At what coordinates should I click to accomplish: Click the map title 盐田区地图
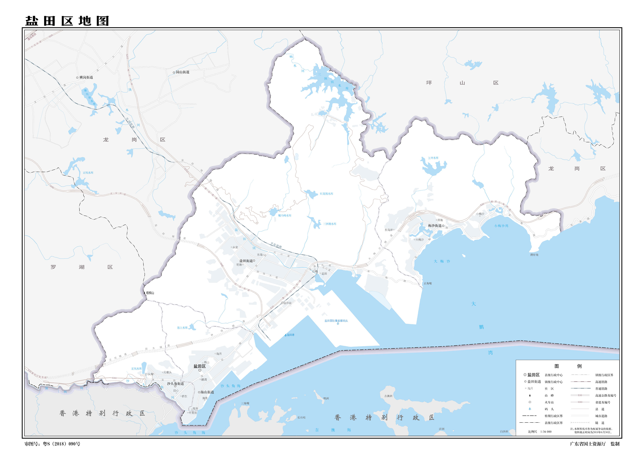pyautogui.click(x=67, y=21)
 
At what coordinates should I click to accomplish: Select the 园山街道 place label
pyautogui.click(x=182, y=72)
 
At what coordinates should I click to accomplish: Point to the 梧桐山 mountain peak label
pyautogui.click(x=150, y=293)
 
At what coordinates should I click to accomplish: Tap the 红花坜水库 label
pyautogui.click(x=327, y=194)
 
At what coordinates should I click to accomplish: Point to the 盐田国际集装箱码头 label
pyautogui.click(x=336, y=321)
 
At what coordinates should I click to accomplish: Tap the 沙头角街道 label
pyautogui.click(x=175, y=383)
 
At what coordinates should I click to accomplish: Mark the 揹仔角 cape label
pyautogui.click(x=534, y=255)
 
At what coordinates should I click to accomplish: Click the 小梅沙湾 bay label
pyautogui.click(x=501, y=226)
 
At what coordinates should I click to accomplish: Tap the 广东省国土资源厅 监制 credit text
pyautogui.click(x=594, y=444)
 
